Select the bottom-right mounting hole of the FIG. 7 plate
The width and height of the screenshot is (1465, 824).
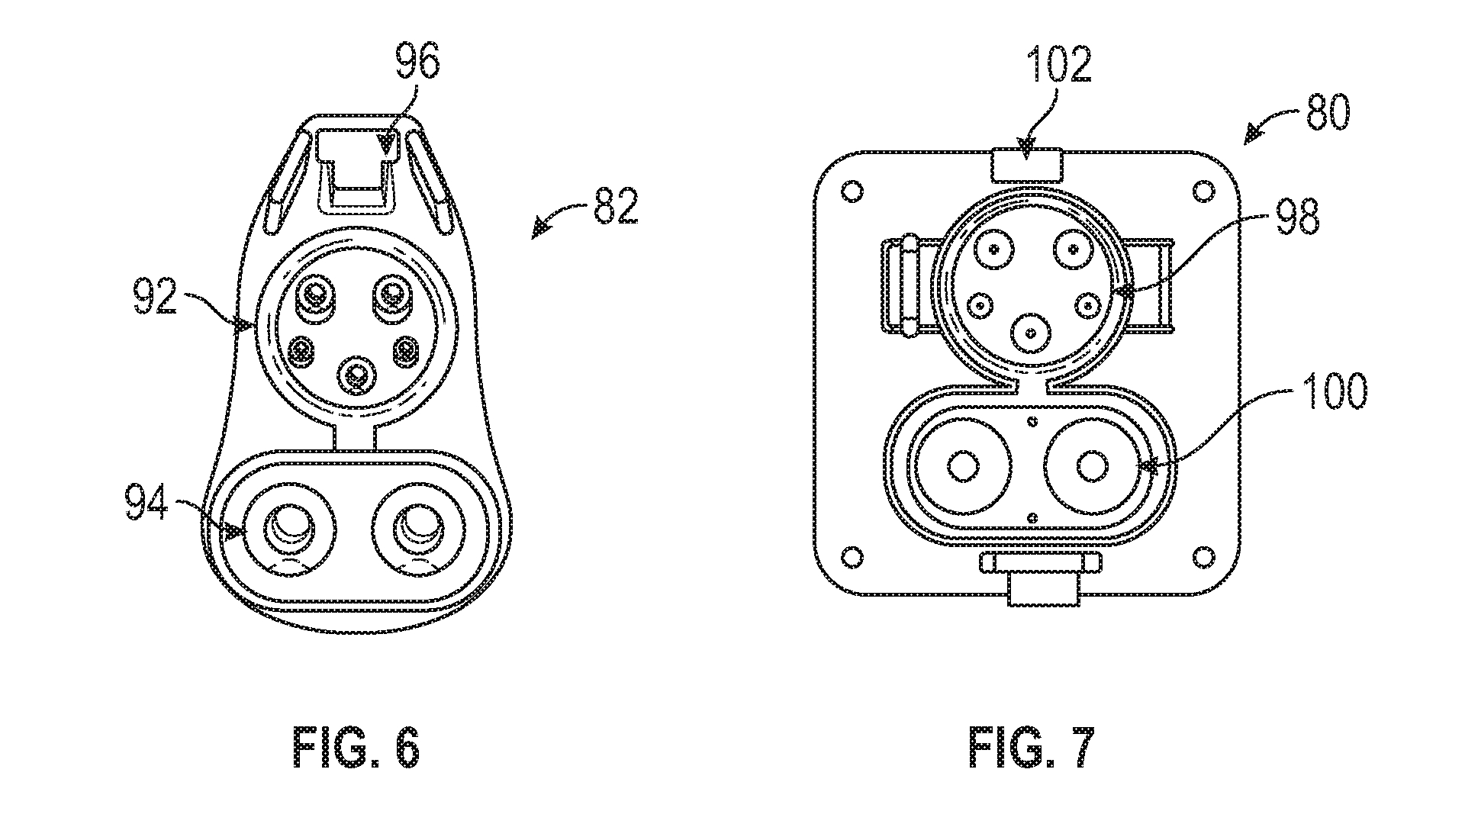(x=1202, y=553)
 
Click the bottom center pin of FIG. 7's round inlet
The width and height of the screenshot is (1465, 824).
(x=1031, y=333)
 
